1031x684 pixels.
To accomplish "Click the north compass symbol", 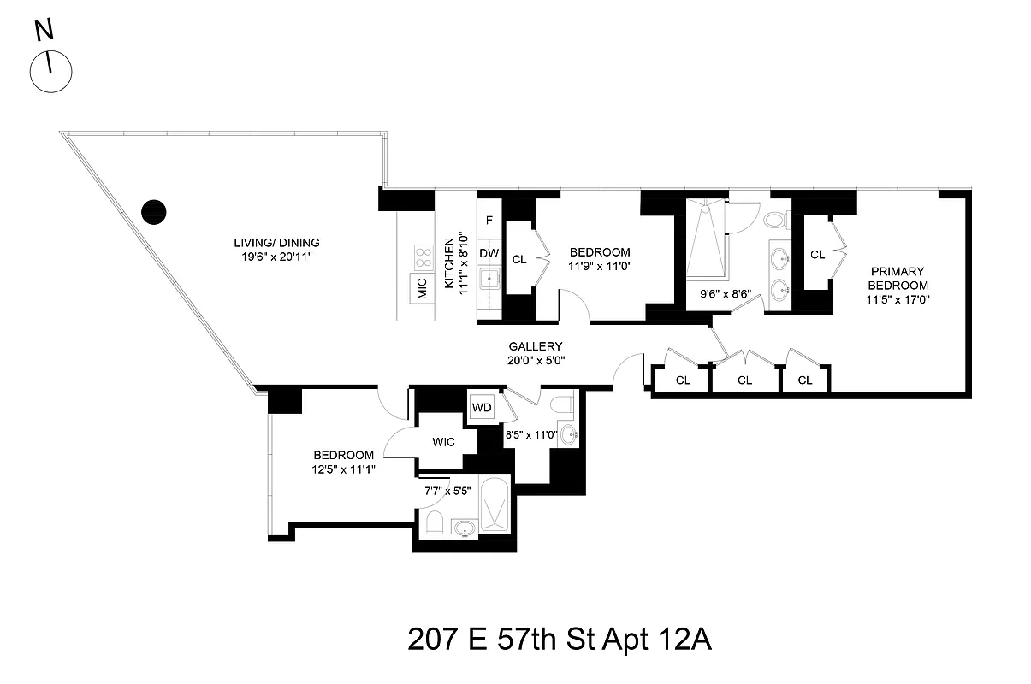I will tap(51, 70).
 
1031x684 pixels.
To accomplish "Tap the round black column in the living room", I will tap(154, 210).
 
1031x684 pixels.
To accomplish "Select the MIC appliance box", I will tap(422, 289).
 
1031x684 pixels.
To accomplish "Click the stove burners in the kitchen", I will tap(423, 256).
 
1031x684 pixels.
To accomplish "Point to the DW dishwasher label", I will tap(489, 253).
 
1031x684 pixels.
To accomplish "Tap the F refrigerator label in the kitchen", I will tap(489, 221).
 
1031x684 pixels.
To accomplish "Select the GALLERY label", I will tap(535, 346).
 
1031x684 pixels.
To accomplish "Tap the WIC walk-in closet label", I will tap(443, 442).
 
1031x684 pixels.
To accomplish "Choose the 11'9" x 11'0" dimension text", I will tap(600, 267).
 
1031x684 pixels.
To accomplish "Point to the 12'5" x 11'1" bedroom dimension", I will tap(343, 469).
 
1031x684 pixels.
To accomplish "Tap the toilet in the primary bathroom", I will tap(775, 221).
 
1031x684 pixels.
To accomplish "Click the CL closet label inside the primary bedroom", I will tap(817, 255).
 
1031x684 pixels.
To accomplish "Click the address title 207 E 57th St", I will tap(560, 639).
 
